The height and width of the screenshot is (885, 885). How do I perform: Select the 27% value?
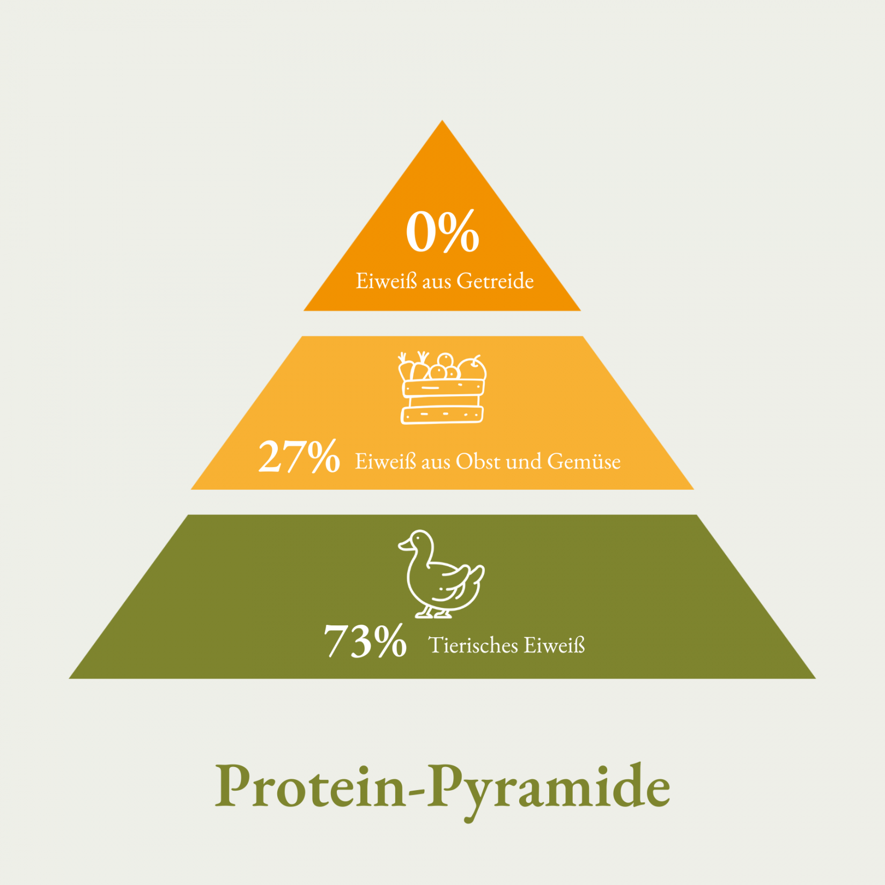click(x=299, y=456)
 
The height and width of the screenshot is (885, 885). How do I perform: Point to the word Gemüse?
click(x=584, y=461)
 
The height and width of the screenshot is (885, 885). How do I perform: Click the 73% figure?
click(x=365, y=640)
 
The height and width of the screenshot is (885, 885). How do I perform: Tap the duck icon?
click(x=441, y=574)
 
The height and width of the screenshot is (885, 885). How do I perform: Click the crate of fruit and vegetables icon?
click(x=442, y=388)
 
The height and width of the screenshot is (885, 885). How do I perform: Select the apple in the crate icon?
click(x=472, y=368)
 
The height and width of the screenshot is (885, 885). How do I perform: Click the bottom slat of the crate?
click(x=442, y=415)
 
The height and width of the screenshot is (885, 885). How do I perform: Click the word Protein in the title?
click(x=311, y=787)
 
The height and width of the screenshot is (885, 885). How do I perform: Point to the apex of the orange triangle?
click(x=442, y=120)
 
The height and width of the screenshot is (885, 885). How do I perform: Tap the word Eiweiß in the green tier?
click(x=554, y=645)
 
